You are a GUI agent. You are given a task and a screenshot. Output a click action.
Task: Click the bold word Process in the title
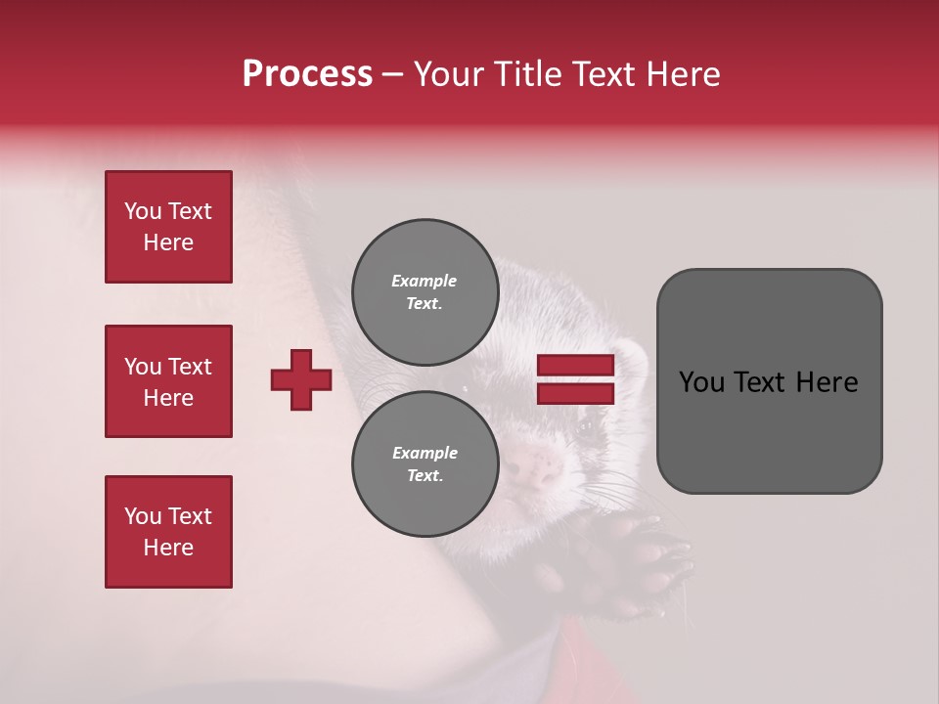tap(307, 74)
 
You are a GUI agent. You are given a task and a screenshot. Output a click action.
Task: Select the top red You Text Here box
tap(168, 227)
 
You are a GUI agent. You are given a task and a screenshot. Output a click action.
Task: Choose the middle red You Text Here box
tap(168, 381)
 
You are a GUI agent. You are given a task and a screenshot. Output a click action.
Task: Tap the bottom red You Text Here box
tap(168, 532)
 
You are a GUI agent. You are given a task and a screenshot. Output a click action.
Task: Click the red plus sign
tap(301, 379)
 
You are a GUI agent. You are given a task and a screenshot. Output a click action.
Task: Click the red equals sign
tap(575, 379)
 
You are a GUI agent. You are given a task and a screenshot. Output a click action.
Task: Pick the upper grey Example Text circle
tap(425, 292)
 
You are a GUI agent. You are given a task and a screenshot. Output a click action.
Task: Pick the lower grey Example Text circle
tap(425, 463)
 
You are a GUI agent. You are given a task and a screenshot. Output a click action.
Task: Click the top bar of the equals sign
tap(575, 366)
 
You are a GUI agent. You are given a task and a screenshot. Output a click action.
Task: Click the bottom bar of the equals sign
tap(575, 393)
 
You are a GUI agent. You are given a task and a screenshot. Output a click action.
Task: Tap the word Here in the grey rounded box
tap(827, 382)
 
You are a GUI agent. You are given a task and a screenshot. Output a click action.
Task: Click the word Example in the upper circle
tap(425, 281)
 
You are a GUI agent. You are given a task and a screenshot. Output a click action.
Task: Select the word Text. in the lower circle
tap(425, 475)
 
